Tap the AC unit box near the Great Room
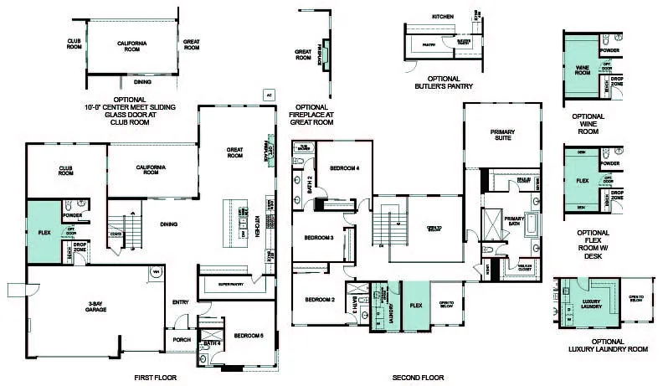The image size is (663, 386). [x=269, y=95]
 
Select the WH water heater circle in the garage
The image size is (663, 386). [x=155, y=271]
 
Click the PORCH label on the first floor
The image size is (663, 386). [x=182, y=340]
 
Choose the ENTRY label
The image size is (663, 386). [x=181, y=302]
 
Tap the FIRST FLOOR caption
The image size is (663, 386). [x=155, y=378]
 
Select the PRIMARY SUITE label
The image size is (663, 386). [x=502, y=136]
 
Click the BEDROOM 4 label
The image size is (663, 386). [x=344, y=168]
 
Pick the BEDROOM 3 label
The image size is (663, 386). [x=320, y=238]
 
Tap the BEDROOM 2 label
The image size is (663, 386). [x=320, y=300]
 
